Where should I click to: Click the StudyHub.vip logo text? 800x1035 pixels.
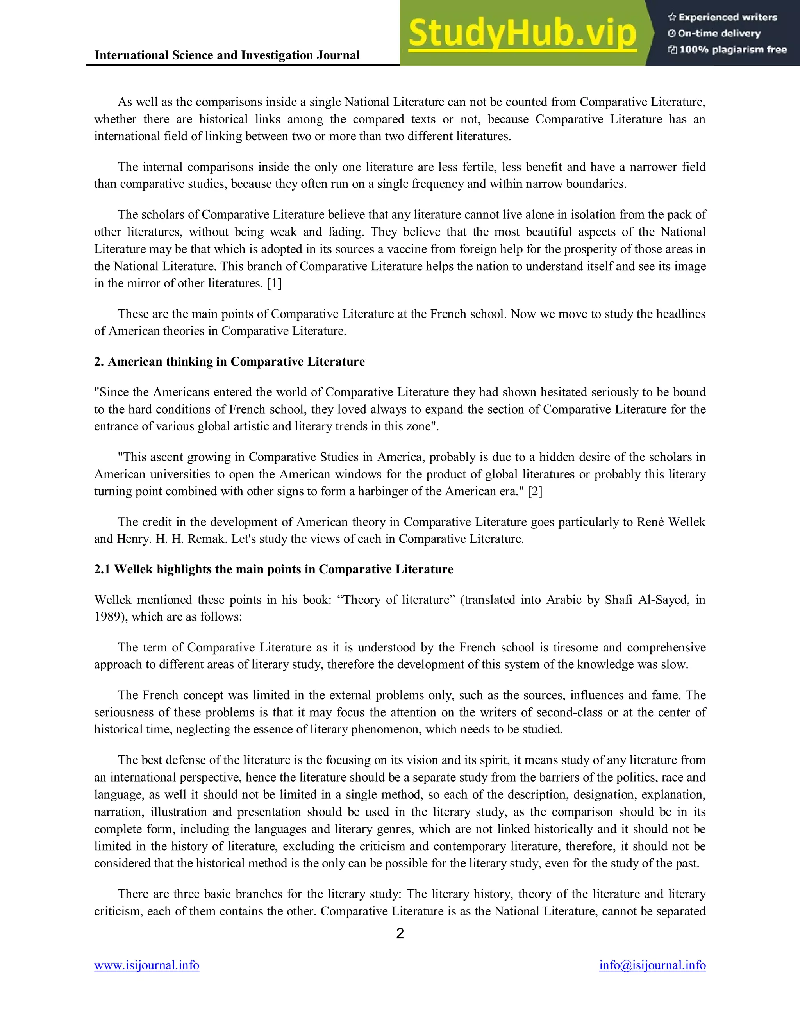[x=522, y=34]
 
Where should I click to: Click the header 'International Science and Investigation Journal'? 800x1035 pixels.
[x=227, y=55]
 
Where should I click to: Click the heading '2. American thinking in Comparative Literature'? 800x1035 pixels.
[x=229, y=362]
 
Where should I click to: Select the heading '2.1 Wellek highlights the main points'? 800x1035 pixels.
[x=273, y=569]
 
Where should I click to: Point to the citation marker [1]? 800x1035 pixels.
[x=274, y=284]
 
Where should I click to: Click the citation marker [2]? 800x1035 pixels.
[x=535, y=491]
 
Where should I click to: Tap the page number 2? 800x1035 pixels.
[x=400, y=933]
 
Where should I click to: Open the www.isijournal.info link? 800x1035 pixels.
[x=146, y=965]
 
